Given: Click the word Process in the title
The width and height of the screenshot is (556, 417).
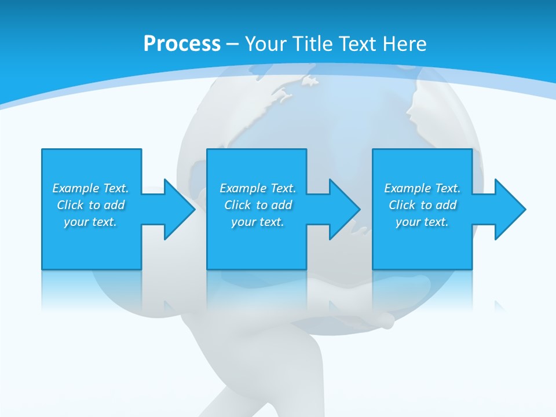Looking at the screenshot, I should tap(182, 44).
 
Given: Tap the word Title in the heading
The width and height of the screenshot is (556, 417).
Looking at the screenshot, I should tap(313, 44).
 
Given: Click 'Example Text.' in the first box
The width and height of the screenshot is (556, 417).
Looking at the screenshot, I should tap(90, 188).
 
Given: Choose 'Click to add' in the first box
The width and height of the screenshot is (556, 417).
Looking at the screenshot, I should tap(90, 205).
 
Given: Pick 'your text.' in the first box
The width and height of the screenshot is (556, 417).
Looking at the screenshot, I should tap(90, 222).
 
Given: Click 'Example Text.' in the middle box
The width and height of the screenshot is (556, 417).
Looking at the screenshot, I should tap(258, 188).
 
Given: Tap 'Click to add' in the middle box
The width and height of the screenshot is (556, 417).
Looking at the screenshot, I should tap(258, 205).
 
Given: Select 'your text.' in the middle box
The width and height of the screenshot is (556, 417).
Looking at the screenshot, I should tap(258, 222).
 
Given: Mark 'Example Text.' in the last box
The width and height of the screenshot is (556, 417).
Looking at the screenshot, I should tap(422, 188).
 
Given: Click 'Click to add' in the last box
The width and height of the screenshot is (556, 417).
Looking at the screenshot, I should tap(422, 205).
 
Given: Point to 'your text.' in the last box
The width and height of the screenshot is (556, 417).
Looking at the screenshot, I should tap(422, 222).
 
